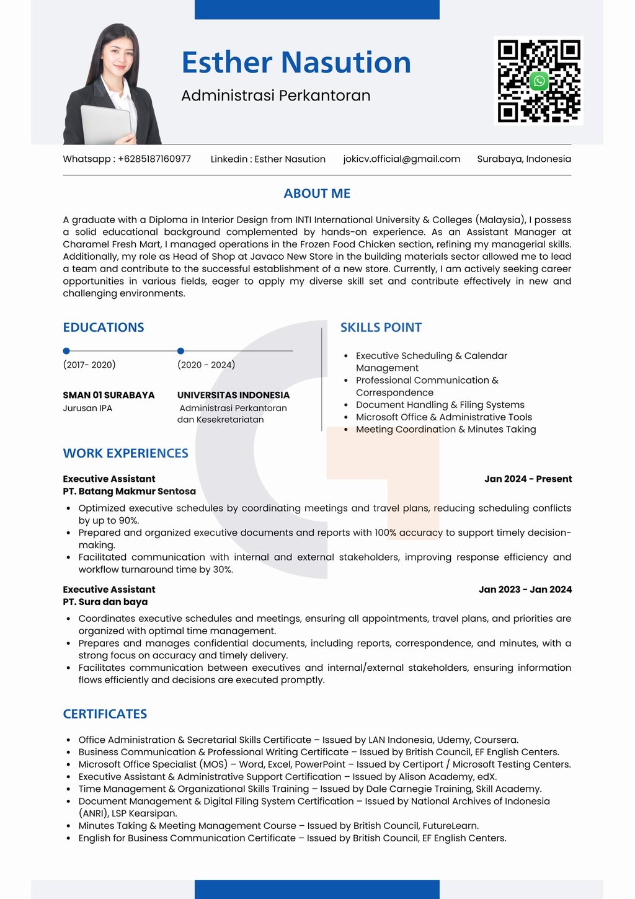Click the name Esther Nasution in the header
tap(296, 63)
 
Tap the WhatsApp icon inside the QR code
tap(539, 81)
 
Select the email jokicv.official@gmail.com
tap(402, 159)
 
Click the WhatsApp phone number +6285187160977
tap(154, 159)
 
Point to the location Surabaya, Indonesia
tap(524, 159)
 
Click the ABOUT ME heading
tap(317, 193)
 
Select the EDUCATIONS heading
tap(104, 327)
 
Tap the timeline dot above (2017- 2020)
tap(66, 351)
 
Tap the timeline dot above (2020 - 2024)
tap(180, 351)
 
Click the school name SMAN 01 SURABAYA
tap(109, 395)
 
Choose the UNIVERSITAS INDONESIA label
tap(233, 395)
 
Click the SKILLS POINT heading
tap(381, 327)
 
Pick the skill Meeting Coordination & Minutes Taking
tap(446, 429)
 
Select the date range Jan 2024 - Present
tap(528, 479)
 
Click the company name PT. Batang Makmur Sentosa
tap(129, 491)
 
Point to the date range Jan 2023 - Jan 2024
tap(525, 589)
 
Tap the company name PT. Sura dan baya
tap(105, 601)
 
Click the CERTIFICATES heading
tap(105, 714)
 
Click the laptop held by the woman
tap(106, 124)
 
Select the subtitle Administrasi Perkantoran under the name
tap(276, 95)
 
